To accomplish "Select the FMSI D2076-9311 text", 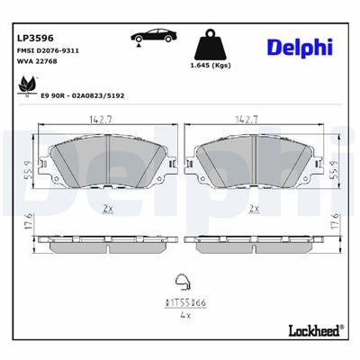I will (x=49, y=53).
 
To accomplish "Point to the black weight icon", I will (x=212, y=45).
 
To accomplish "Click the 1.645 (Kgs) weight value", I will (x=212, y=68).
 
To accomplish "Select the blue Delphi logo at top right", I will (x=298, y=47).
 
